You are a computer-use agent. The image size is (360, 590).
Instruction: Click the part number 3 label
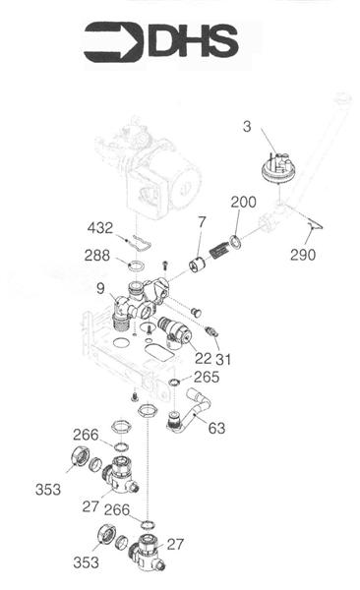[x=247, y=125]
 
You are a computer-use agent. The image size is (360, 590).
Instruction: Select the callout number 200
[x=244, y=202]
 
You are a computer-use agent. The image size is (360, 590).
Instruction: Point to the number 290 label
[x=304, y=255]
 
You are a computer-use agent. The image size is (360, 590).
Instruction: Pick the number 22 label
[x=203, y=359]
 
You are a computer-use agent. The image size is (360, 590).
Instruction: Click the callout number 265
[x=206, y=377]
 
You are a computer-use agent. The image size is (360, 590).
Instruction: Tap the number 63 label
[x=215, y=428]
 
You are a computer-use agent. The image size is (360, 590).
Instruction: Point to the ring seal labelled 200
[x=236, y=242]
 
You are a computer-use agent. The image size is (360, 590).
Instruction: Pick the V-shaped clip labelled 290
[x=313, y=227]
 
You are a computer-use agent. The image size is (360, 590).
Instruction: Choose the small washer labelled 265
[x=174, y=382]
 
